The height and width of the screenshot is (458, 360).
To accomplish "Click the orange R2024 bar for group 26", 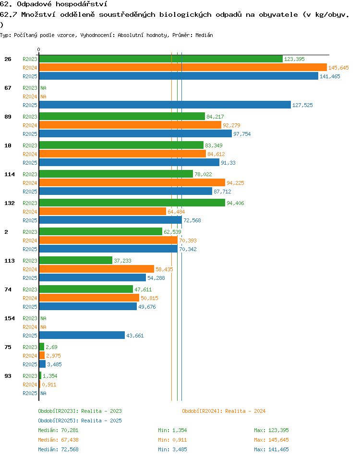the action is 183,68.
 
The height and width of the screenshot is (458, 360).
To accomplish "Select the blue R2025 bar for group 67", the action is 165,105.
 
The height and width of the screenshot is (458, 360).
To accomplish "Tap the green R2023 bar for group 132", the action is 132,203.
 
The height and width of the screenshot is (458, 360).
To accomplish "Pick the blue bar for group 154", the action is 82,335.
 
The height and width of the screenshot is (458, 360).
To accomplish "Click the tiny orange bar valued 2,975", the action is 42,355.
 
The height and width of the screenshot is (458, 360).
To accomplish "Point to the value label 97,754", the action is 242,134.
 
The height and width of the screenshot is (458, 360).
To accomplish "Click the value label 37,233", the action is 122,261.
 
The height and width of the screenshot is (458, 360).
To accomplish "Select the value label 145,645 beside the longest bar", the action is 338,68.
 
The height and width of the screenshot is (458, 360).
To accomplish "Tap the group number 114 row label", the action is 9,174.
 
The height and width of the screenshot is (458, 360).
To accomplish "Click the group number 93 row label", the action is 8,376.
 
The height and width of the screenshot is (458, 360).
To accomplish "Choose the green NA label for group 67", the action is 44,88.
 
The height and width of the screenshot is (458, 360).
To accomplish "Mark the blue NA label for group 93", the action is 44,394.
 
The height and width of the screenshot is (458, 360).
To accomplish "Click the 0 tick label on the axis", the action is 38,49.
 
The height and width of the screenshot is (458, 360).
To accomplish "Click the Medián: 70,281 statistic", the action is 58,431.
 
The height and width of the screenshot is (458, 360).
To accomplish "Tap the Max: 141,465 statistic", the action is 271,450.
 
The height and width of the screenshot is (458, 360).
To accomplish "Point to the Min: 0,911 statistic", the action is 172,440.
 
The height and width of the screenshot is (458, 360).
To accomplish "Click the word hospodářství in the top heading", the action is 82,4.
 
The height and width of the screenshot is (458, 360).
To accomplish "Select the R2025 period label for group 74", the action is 30,307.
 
